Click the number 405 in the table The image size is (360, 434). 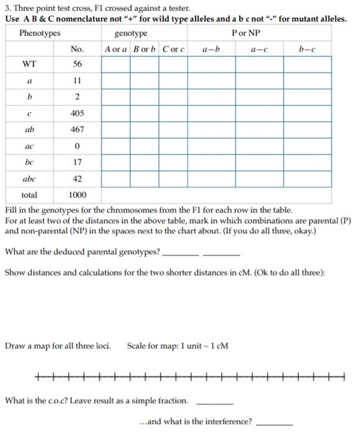(x=78, y=113)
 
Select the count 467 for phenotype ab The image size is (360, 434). (x=78, y=130)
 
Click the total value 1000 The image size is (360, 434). (x=78, y=194)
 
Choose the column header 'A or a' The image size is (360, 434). (x=115, y=48)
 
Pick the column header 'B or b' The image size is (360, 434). (x=144, y=48)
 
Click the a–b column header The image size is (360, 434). (x=212, y=48)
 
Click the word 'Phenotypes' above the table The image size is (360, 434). (x=40, y=33)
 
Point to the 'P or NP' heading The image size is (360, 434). (x=246, y=33)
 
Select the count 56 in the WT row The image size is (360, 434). (x=78, y=64)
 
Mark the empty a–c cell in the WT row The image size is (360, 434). (x=259, y=64)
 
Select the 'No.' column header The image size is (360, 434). (x=78, y=48)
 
